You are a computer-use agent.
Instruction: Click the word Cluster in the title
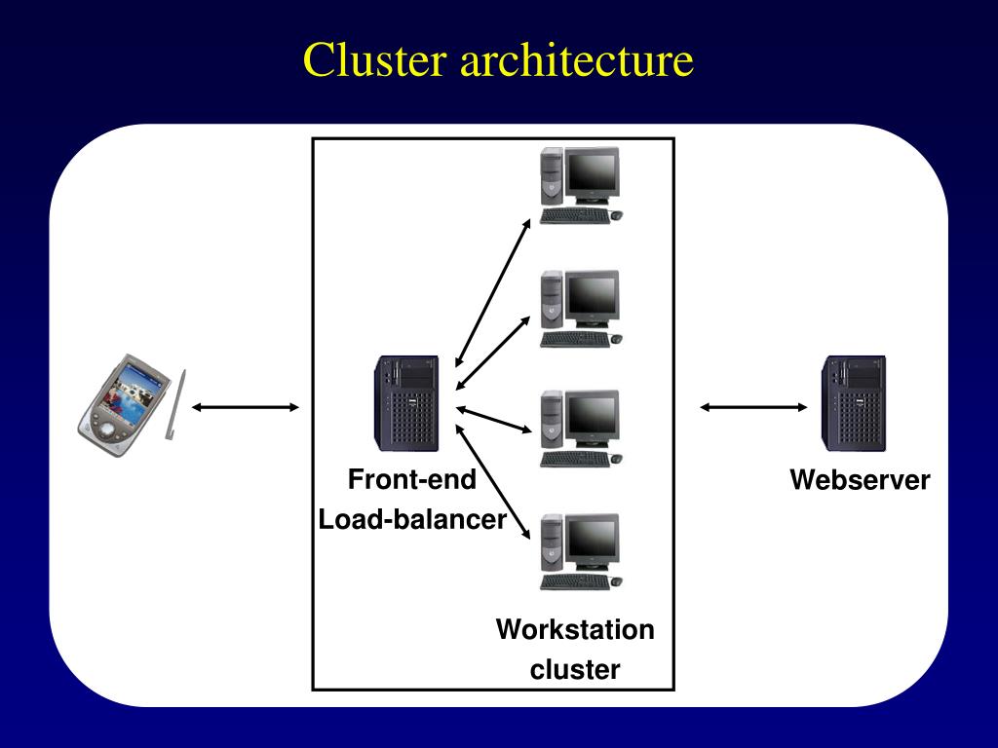(x=374, y=59)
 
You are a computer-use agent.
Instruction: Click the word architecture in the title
(x=577, y=59)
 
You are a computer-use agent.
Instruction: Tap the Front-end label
(x=412, y=479)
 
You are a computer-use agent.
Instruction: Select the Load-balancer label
(x=412, y=519)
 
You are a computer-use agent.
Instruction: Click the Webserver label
(x=860, y=479)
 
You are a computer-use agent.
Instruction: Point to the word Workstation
(x=575, y=629)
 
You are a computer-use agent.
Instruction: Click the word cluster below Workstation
(x=575, y=669)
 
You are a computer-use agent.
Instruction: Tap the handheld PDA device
(x=124, y=405)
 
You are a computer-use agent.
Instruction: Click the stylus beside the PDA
(x=175, y=404)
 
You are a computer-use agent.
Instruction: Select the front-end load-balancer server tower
(x=406, y=403)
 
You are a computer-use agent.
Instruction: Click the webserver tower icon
(x=854, y=403)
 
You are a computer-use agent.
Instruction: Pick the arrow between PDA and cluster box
(x=245, y=407)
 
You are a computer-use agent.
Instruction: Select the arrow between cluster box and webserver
(x=753, y=407)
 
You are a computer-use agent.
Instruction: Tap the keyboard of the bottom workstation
(x=575, y=581)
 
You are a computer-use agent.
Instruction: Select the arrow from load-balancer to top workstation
(x=493, y=293)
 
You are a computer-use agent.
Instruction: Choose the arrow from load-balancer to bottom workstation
(x=493, y=481)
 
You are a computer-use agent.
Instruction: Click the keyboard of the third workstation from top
(x=575, y=459)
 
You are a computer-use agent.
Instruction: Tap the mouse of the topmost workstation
(x=616, y=215)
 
